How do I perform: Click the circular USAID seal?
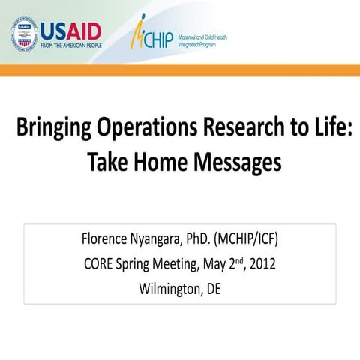point(25,34)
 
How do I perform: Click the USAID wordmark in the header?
point(70,31)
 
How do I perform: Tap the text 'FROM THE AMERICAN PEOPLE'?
point(70,45)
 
